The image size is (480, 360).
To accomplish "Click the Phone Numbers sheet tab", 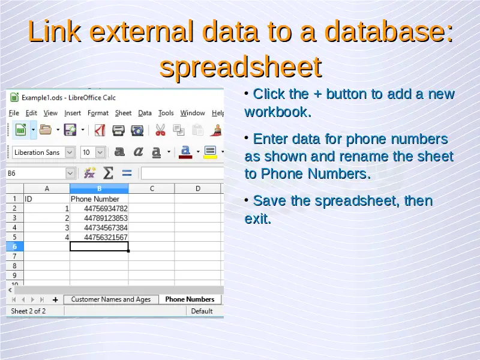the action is coord(190,299).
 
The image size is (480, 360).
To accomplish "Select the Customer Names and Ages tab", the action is coord(111,299).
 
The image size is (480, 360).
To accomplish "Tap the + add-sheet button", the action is coord(55,299).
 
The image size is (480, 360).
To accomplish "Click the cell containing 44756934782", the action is coord(99,208).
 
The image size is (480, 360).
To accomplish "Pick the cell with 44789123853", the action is coord(99,218).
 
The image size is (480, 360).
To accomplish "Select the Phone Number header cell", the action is coord(99,199).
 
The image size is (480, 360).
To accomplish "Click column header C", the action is coord(152,188).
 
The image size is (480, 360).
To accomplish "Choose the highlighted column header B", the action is coord(99,188).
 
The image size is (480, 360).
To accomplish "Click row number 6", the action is coord(14,247).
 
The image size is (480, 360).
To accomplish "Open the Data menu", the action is coord(145,113).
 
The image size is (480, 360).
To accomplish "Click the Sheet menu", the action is coord(123,113).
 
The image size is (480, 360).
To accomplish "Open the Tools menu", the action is coord(166,113).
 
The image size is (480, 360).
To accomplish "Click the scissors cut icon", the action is coord(160,130).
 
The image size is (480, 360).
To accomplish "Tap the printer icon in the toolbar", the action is coord(118,130).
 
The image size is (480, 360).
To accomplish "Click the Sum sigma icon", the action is coord(108,173).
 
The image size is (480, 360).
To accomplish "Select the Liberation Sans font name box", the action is coord(43,152).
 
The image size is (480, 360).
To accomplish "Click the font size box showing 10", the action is coord(93,152).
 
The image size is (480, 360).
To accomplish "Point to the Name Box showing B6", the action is coord(40,173).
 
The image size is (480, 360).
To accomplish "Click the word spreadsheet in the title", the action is coord(241,67).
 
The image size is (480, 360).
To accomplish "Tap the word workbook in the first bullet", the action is coord(278,112).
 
